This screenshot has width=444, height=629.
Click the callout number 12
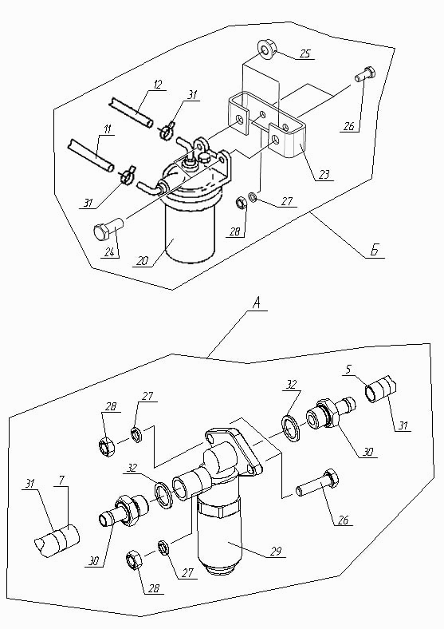(158, 85)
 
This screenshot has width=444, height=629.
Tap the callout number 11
(108, 129)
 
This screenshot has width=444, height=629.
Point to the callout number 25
(305, 53)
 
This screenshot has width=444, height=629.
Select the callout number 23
(324, 175)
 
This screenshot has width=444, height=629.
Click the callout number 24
(110, 252)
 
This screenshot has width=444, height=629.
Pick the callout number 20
(142, 260)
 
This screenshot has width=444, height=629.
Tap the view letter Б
(374, 251)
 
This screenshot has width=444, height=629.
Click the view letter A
(257, 303)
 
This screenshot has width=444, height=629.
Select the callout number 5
(348, 369)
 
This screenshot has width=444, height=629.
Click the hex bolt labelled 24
(108, 228)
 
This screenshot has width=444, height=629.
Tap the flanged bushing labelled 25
(267, 49)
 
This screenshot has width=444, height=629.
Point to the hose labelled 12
(131, 112)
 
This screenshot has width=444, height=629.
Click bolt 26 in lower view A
(317, 484)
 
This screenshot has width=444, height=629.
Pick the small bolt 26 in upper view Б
(365, 74)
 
